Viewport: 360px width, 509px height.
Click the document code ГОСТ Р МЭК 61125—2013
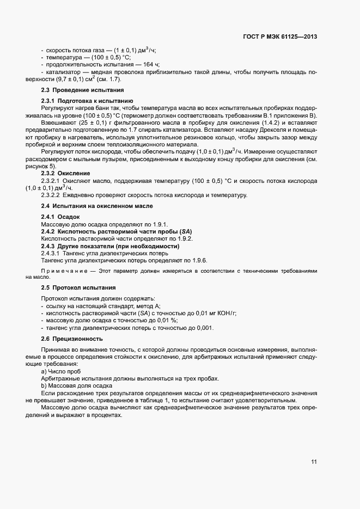click(280, 37)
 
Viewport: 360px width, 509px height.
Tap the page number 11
click(314, 462)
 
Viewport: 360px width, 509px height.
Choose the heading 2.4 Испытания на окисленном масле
click(96, 206)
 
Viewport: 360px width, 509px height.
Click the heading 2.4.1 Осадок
click(61, 217)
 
